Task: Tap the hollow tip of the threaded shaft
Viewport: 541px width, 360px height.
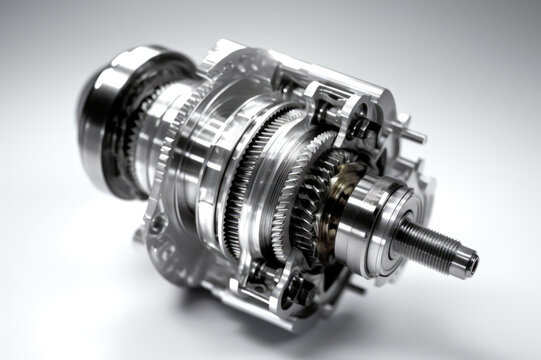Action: pos(469,266)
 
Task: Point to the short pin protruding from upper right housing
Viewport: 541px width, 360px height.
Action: pos(412,136)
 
